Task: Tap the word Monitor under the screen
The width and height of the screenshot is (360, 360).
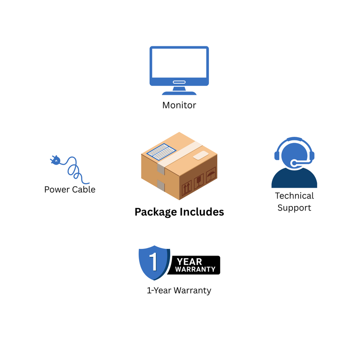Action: (179, 105)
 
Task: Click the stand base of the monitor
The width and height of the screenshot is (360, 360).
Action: (179, 93)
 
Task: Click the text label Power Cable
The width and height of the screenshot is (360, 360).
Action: (70, 189)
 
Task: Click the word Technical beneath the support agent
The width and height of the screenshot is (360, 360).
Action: (294, 196)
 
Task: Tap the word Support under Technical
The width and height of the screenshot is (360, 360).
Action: (294, 208)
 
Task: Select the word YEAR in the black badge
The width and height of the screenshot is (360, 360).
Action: (189, 261)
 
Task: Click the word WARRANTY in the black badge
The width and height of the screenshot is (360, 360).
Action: (195, 270)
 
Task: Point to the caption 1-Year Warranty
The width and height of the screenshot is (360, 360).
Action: (179, 290)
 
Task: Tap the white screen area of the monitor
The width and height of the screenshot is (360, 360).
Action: (179, 63)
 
